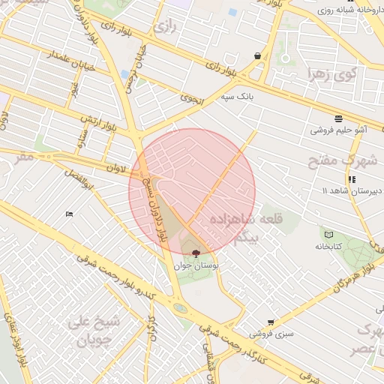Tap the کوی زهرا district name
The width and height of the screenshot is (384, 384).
click(x=334, y=73)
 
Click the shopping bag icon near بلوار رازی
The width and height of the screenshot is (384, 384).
click(x=258, y=55)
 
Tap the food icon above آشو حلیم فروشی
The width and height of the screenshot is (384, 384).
click(x=339, y=118)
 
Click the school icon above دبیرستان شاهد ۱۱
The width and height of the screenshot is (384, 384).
click(x=351, y=179)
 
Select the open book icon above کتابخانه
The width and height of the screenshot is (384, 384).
click(x=328, y=235)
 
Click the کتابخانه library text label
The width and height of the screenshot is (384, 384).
click(x=328, y=246)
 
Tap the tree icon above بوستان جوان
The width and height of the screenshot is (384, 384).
click(x=196, y=253)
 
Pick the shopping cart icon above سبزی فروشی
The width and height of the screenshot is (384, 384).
click(x=271, y=322)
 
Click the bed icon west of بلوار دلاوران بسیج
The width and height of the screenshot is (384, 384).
click(x=70, y=214)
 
